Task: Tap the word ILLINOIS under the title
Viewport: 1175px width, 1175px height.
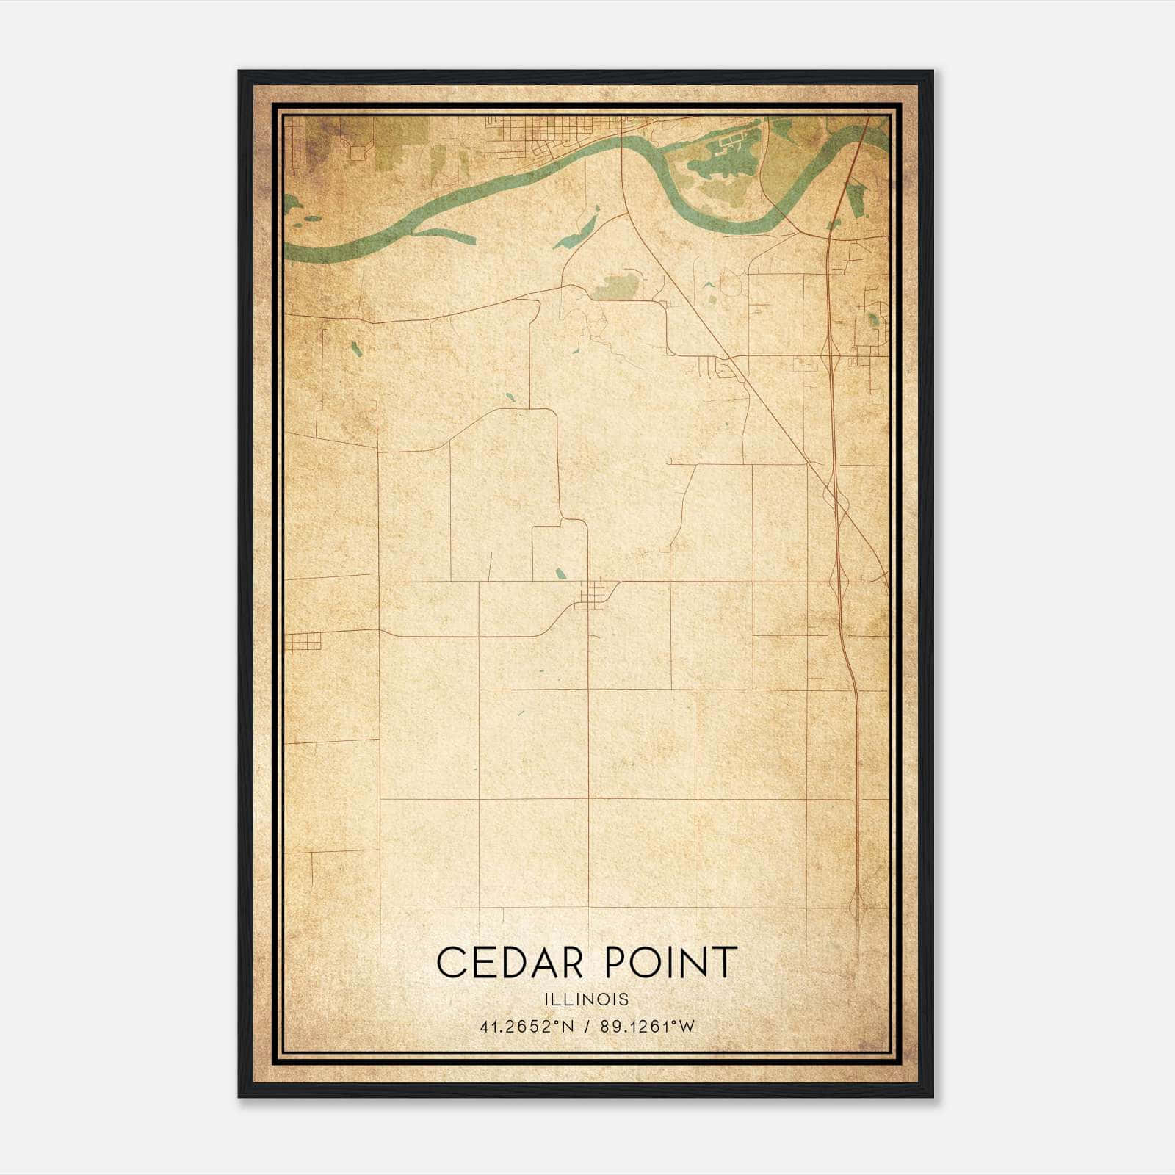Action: coord(587,999)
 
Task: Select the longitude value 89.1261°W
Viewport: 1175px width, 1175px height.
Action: coord(647,1027)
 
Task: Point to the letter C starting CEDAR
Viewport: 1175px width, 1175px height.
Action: coord(452,962)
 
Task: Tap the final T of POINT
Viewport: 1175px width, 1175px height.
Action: coord(723,962)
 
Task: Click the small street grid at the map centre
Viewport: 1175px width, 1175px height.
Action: coord(592,593)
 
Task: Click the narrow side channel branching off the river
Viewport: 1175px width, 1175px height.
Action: coord(441,235)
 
